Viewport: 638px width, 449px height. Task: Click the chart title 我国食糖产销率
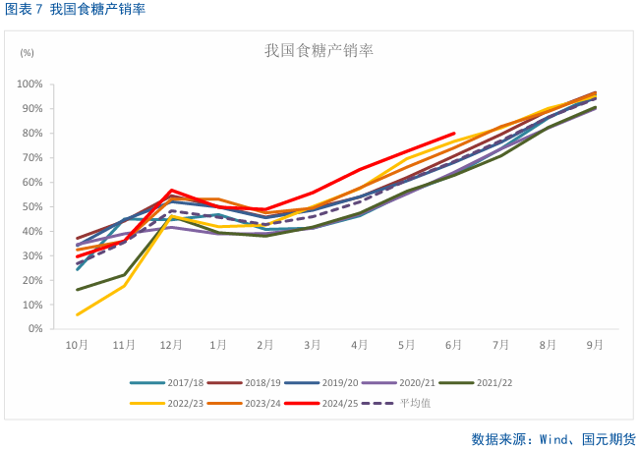[x=319, y=50]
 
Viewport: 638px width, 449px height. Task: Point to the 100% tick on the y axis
[x=29, y=84]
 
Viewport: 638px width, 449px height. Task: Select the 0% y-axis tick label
[x=33, y=329]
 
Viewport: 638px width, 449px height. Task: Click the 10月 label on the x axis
[x=77, y=345]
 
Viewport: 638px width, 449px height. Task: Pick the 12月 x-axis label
[x=171, y=345]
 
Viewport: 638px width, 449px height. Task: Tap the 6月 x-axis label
[x=454, y=345]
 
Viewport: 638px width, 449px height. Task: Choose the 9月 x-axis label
[x=595, y=345]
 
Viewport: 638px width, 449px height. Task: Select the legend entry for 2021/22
[x=491, y=383]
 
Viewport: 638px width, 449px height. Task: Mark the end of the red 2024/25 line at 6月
[x=454, y=133]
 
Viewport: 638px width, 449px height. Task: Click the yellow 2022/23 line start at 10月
[x=77, y=314]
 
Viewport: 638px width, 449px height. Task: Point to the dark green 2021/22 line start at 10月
[x=77, y=290]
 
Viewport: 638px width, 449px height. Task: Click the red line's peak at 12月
[x=171, y=190]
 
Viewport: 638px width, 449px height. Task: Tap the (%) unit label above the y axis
[x=27, y=52]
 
